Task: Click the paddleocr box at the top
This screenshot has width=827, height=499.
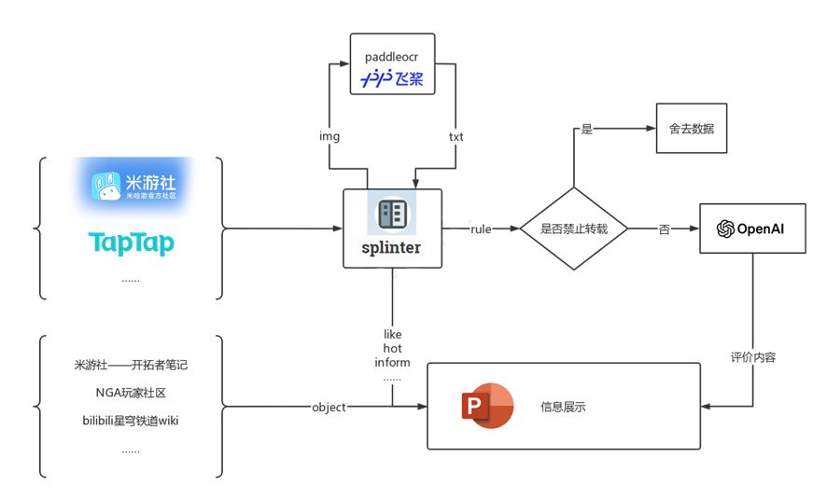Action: pos(391,64)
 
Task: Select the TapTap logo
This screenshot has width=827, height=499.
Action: pos(132,243)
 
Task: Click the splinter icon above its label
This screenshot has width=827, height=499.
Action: pos(392,215)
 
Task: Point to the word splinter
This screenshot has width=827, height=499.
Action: pos(392,248)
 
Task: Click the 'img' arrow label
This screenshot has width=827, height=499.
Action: pos(329,136)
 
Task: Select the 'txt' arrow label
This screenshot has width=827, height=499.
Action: pos(456,136)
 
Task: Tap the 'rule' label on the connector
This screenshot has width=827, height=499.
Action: pos(481,229)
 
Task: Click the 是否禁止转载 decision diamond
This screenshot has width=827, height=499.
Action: pos(573,229)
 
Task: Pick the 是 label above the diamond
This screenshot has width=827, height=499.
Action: pos(587,129)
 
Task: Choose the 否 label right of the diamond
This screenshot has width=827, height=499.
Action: pos(665,229)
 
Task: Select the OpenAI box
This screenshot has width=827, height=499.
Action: pos(752,229)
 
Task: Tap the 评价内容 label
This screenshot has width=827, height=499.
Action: pos(752,357)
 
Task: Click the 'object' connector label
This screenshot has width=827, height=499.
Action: pos(329,408)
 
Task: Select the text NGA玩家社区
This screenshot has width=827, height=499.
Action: pos(131,393)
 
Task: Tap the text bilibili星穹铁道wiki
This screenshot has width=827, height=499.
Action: pos(131,421)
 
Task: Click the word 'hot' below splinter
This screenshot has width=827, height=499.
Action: pos(392,348)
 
